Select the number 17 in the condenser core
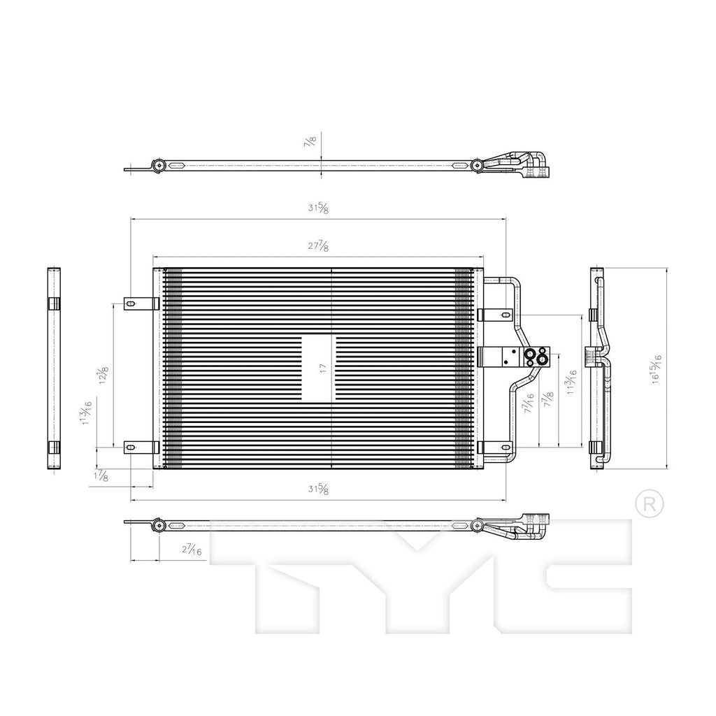pos(322,369)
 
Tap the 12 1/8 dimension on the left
pos(103,375)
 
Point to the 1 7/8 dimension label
pos(101,476)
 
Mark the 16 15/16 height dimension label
pos(657,367)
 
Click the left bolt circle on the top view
pos(159,166)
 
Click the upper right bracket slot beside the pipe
pos(505,315)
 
